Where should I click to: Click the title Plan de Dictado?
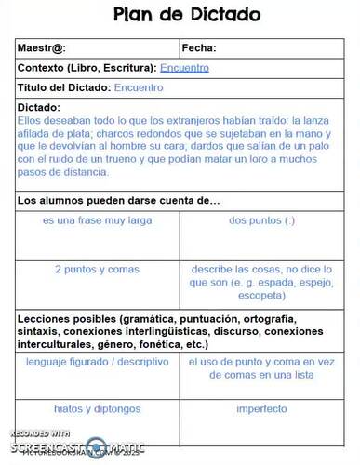coord(186,15)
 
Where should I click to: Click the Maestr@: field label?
coord(43,48)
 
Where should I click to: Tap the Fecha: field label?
coord(200,48)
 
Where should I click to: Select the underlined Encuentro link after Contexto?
coord(184,68)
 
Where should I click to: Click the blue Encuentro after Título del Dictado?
coord(139,87)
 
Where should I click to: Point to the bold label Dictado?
coord(39,107)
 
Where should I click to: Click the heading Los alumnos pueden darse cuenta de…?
coord(118,201)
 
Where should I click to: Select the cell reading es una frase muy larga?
coord(97,221)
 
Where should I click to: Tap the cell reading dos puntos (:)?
coord(261,221)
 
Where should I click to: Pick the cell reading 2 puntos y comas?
coord(97,269)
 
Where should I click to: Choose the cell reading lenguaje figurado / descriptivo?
coord(98,362)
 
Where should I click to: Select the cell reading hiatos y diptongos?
coord(98,408)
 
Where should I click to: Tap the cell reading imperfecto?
coord(261,408)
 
